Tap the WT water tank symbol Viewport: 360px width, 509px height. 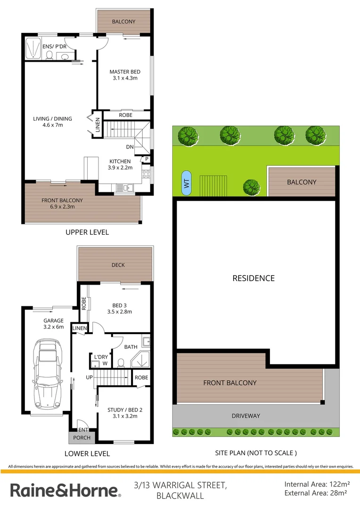187,183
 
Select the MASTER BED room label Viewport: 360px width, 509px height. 125,75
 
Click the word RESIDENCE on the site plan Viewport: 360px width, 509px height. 254,278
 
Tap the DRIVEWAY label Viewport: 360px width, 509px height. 245,416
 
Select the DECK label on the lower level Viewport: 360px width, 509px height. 118,265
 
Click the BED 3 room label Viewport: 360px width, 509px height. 119,308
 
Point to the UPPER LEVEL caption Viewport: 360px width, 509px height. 87,232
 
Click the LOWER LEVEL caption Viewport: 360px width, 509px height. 88,453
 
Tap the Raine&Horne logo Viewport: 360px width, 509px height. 65,490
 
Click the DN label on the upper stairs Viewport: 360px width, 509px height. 130,147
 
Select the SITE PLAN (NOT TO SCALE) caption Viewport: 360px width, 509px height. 256,453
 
